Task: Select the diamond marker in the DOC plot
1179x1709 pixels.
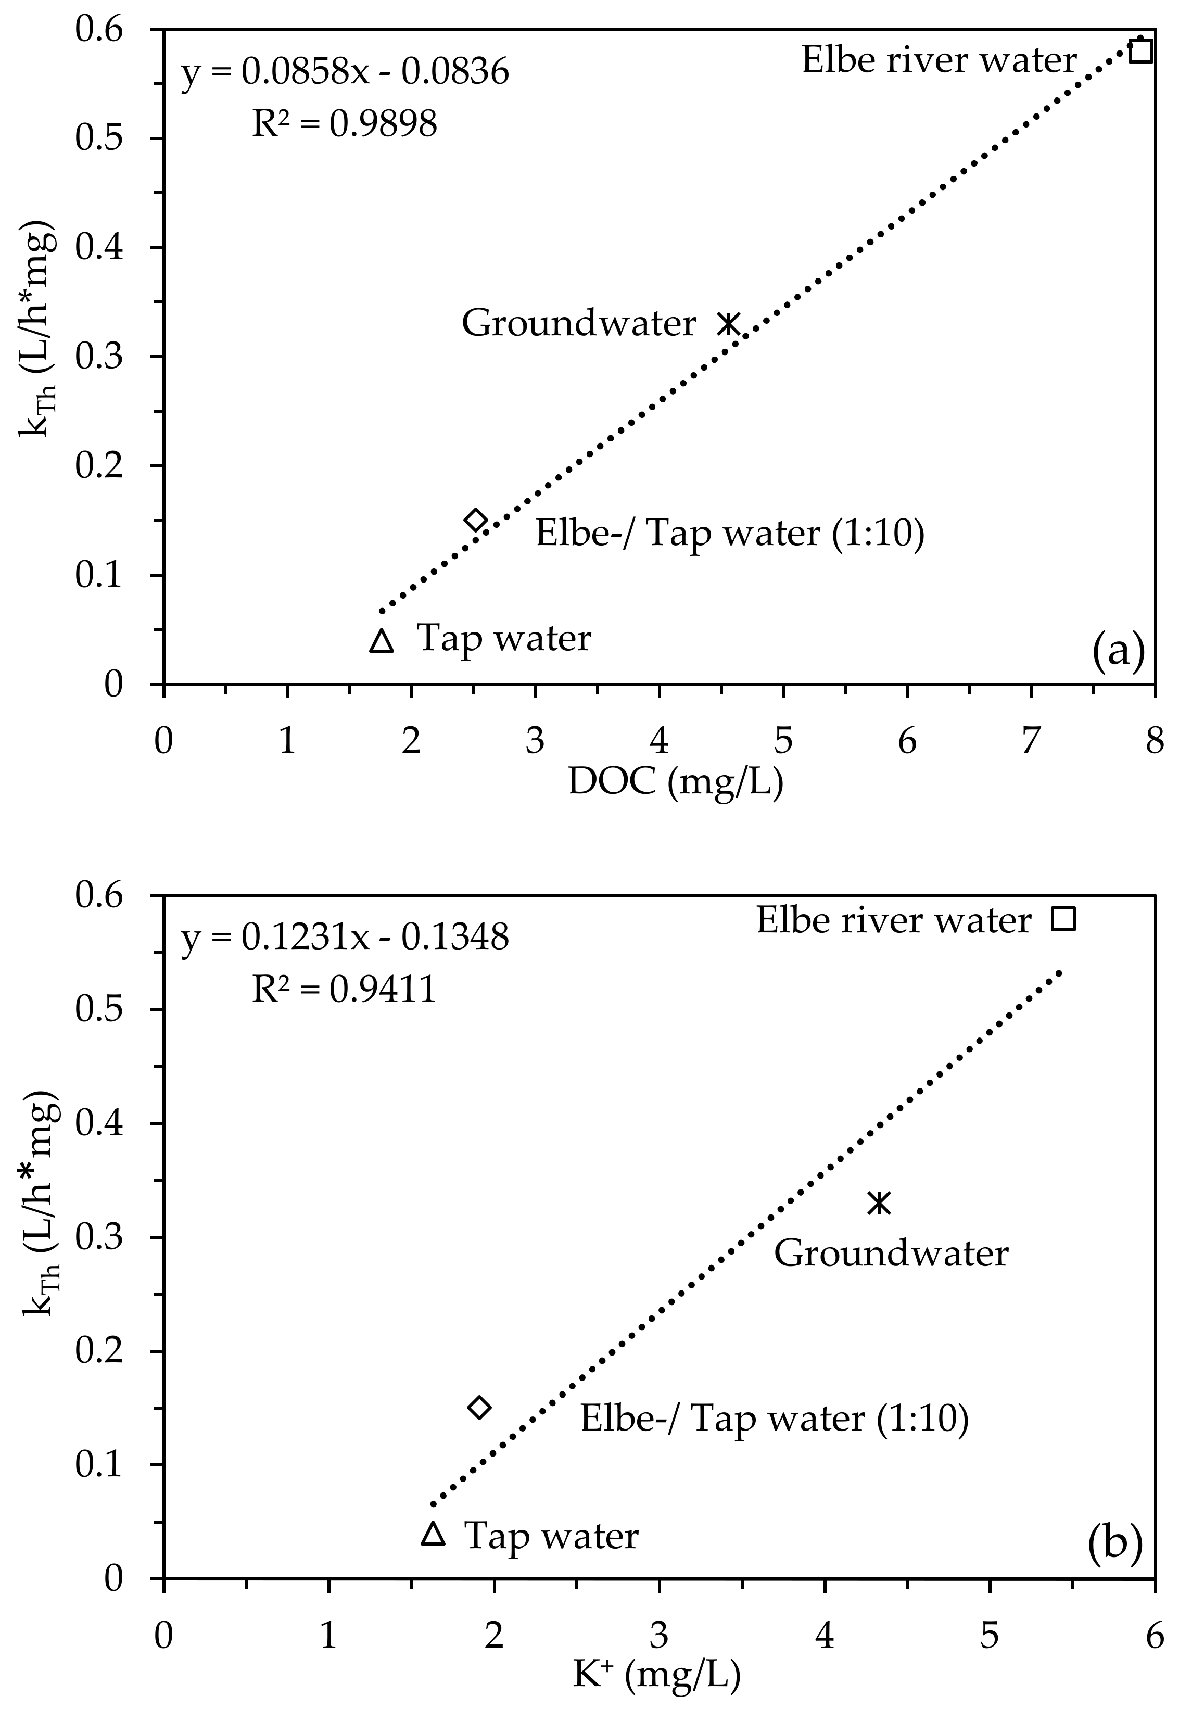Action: point(476,520)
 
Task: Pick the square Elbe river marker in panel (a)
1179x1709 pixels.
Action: point(1142,51)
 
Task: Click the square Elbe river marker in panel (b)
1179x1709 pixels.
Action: point(1064,919)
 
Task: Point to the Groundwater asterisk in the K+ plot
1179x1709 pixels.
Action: point(878,1202)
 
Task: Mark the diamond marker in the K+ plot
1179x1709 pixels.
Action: point(479,1408)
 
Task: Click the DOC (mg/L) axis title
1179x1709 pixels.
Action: point(675,782)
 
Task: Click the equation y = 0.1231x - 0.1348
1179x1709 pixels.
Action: point(345,938)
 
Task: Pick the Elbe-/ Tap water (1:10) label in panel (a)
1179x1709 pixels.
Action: point(730,533)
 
